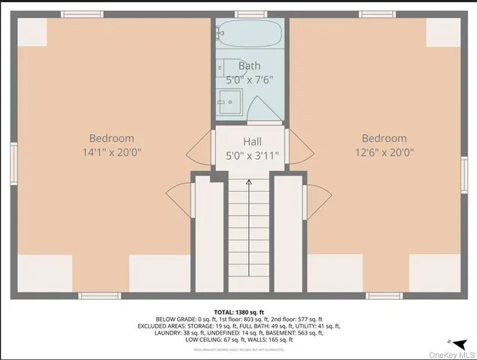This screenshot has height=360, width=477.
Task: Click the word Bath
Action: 249,66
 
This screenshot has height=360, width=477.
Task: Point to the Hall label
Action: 251,141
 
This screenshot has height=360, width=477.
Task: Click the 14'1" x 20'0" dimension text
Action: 112,152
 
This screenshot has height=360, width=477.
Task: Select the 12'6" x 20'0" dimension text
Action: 384,152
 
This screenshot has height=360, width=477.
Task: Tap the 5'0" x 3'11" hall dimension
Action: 251,155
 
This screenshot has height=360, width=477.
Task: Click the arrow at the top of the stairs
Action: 248,182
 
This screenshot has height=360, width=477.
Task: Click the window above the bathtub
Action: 250,13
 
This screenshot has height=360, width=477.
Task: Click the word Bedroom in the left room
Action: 112,138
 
